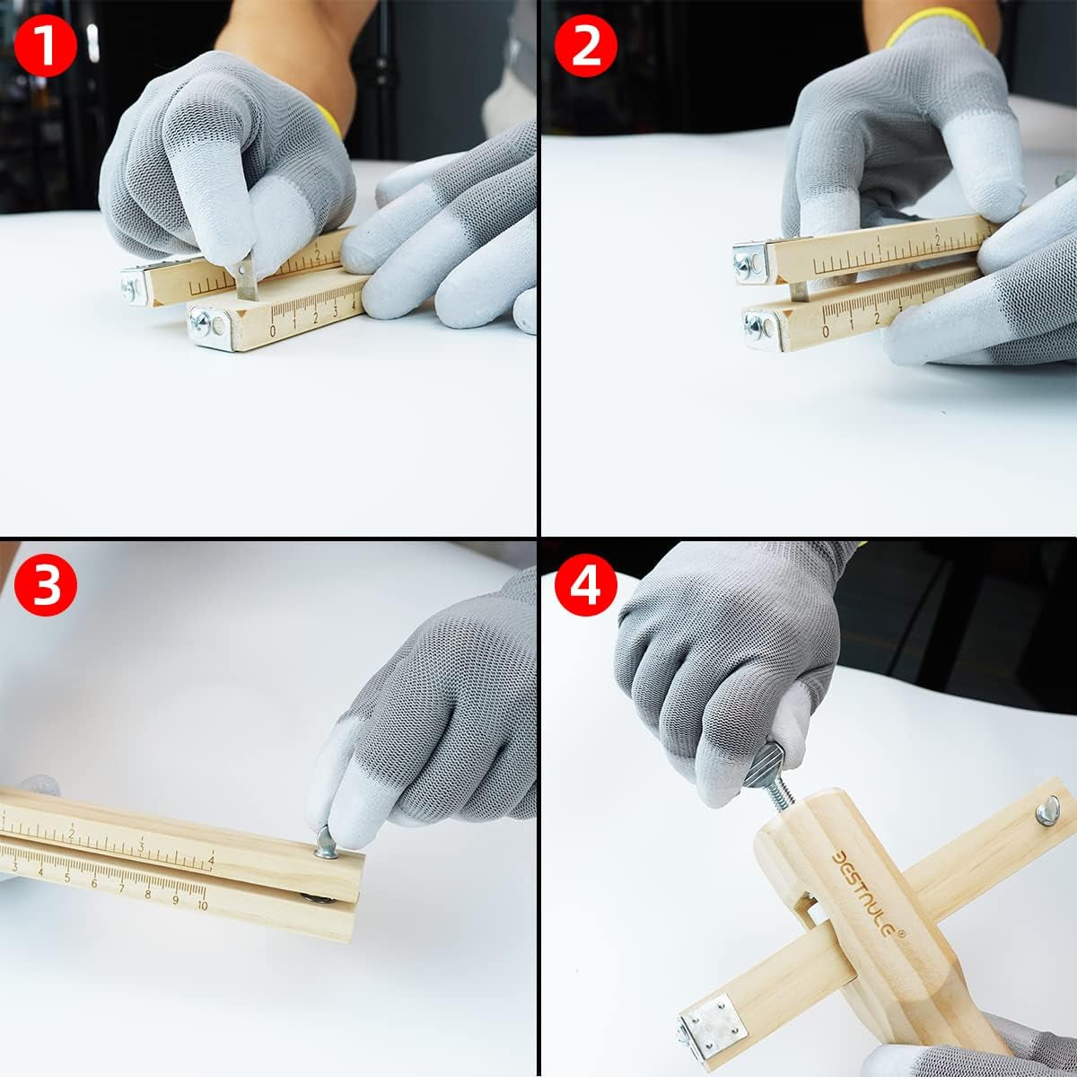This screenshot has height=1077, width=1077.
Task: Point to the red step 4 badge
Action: click(586, 587)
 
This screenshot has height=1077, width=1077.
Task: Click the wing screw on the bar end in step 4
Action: click(1046, 810)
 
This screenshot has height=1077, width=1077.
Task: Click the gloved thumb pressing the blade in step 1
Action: click(278, 229)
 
